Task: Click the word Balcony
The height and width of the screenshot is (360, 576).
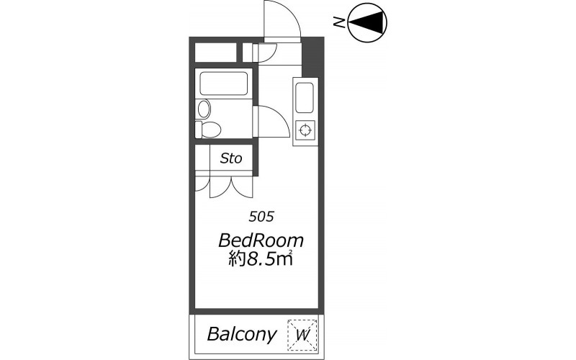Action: click(241, 334)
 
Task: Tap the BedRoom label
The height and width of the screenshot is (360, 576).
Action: click(261, 240)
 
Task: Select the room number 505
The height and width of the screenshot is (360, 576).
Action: click(261, 217)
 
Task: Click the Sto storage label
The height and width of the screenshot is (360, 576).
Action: click(231, 158)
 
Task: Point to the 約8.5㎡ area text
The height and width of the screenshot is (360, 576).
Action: click(261, 258)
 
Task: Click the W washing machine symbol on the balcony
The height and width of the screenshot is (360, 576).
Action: click(302, 335)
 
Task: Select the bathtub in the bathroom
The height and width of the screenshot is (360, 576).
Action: click(224, 84)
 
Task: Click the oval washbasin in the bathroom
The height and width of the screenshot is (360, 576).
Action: click(204, 109)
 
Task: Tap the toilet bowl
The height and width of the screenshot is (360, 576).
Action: click(211, 130)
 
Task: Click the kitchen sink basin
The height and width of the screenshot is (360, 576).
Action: click(305, 98)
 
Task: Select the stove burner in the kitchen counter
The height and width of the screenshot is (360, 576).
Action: click(305, 130)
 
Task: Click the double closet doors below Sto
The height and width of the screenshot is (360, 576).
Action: click(231, 187)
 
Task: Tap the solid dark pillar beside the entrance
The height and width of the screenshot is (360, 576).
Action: click(312, 57)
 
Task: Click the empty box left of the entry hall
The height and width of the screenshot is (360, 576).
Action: click(215, 53)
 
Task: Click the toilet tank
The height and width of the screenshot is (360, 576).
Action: click(199, 130)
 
